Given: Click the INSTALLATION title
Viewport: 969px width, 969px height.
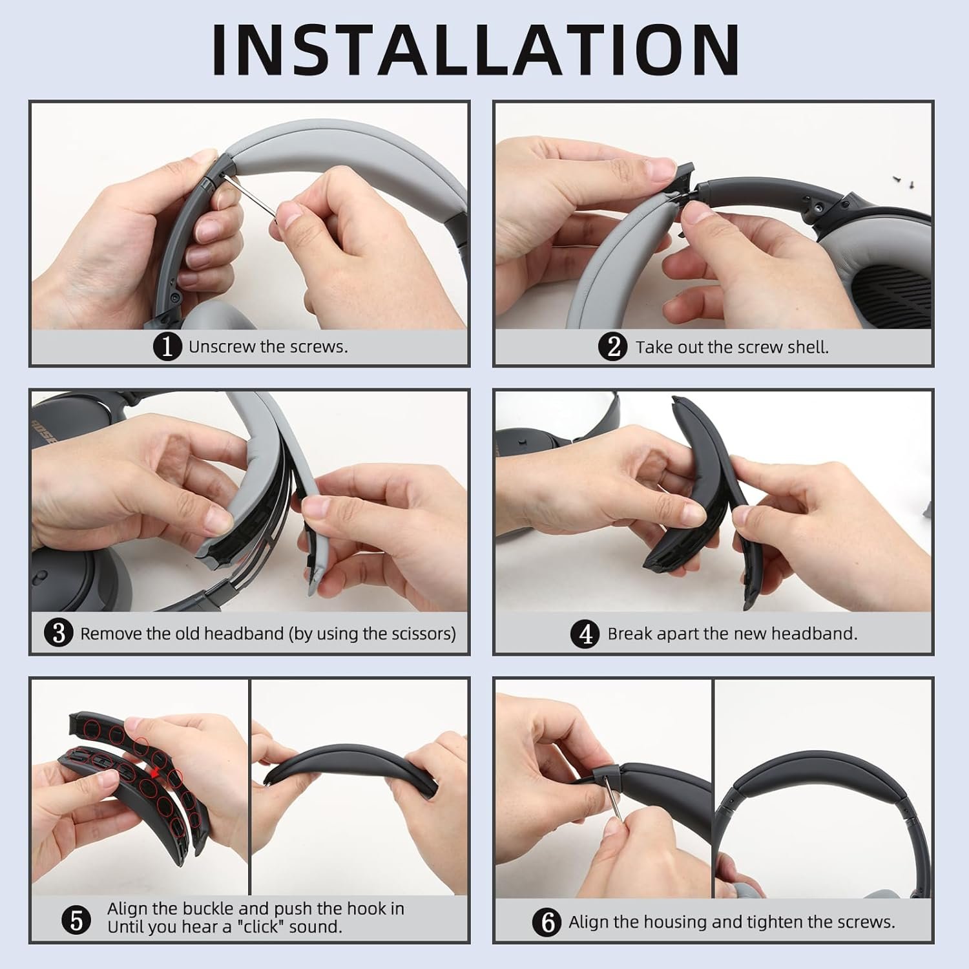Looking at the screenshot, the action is [476, 49].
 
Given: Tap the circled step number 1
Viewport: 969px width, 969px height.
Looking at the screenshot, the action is [167, 347].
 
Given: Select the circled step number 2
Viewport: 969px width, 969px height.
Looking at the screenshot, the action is [613, 347].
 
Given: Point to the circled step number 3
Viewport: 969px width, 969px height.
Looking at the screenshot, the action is [58, 633].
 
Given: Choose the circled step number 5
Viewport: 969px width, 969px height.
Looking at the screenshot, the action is [77, 920].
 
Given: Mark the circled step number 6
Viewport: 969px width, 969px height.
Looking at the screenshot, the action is [547, 922].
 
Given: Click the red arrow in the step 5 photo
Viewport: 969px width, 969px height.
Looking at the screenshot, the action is [154, 773].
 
